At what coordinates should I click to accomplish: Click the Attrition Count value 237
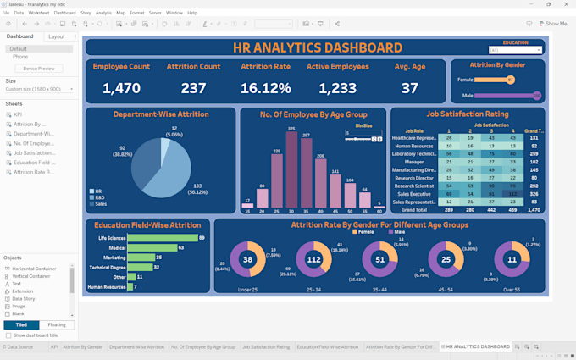pyautogui.click(x=193, y=88)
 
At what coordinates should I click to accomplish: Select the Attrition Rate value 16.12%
pyautogui.click(x=265, y=88)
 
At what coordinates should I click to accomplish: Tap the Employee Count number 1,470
pyautogui.click(x=121, y=88)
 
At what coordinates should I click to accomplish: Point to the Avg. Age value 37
pyautogui.click(x=410, y=88)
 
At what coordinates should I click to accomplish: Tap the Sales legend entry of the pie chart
pyautogui.click(x=100, y=204)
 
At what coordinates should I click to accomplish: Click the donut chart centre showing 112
pyautogui.click(x=313, y=260)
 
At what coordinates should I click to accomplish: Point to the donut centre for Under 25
pyautogui.click(x=247, y=260)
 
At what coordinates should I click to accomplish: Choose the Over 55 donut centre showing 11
pyautogui.click(x=511, y=260)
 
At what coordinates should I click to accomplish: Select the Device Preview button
pyautogui.click(x=39, y=69)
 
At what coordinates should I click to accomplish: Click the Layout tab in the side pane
pyautogui.click(x=57, y=36)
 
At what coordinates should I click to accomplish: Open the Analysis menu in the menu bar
pyautogui.click(x=103, y=13)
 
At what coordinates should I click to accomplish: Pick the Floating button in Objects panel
pyautogui.click(x=58, y=324)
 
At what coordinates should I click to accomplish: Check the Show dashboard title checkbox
pyautogui.click(x=8, y=335)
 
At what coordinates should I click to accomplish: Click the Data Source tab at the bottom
pyautogui.click(x=19, y=346)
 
